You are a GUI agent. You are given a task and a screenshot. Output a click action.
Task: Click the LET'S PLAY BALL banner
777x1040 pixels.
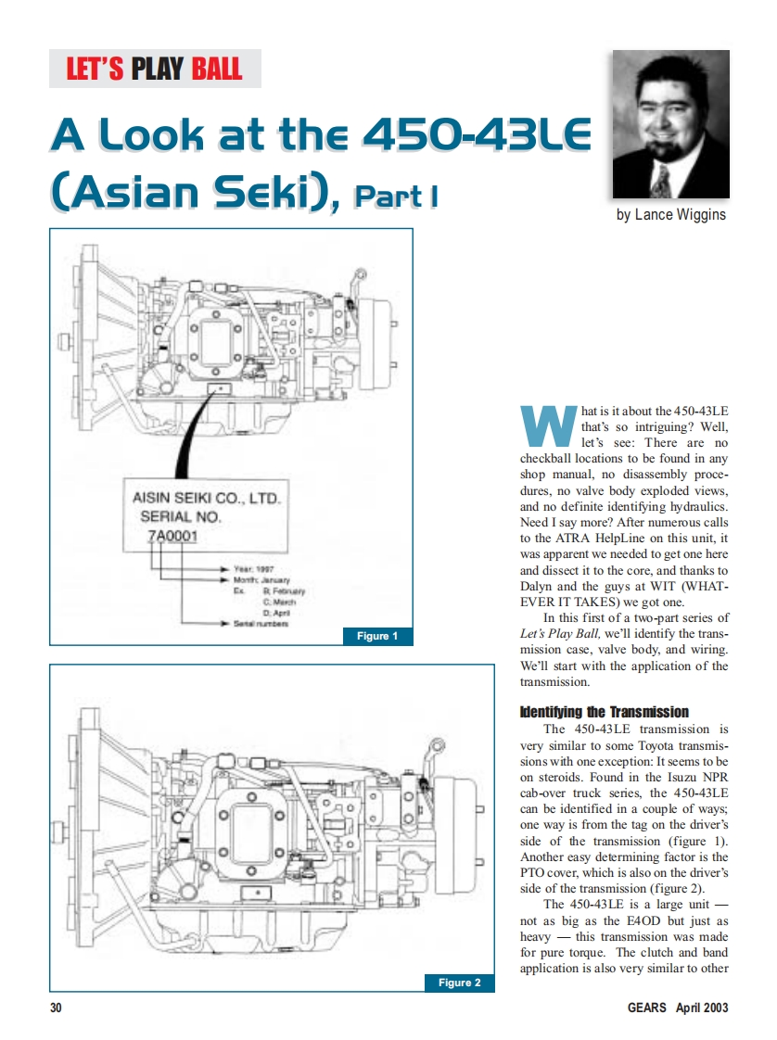[155, 69]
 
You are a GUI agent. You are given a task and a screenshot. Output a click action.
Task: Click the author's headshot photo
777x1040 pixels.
[670, 124]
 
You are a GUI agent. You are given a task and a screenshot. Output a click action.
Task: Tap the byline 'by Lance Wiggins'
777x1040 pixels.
[671, 215]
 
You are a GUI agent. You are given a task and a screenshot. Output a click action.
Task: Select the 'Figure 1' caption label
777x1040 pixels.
[377, 636]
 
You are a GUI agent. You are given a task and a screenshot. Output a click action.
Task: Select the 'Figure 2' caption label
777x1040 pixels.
[458, 983]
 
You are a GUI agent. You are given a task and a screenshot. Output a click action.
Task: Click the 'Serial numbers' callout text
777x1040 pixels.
[261, 623]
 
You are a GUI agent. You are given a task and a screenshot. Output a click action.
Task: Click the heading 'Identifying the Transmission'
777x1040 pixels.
[605, 712]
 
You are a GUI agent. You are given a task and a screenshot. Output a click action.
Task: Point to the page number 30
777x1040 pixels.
[56, 1008]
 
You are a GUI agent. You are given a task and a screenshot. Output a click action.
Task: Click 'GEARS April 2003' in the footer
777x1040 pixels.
[676, 1008]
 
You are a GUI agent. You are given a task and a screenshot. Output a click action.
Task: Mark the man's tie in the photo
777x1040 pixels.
[661, 180]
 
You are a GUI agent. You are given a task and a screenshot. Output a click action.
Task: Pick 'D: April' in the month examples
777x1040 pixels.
[279, 612]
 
